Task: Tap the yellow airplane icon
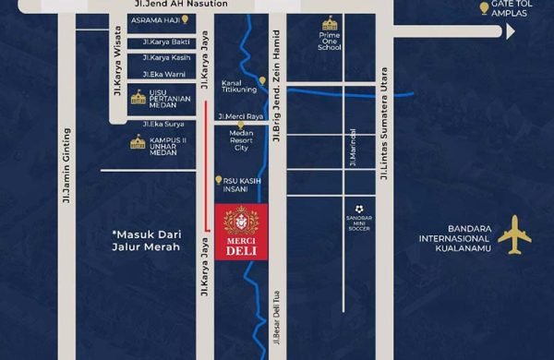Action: pyautogui.click(x=514, y=236)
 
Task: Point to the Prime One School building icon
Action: pyautogui.click(x=330, y=23)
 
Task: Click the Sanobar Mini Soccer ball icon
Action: pyautogui.click(x=359, y=210)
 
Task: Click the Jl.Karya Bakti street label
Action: pyautogui.click(x=166, y=42)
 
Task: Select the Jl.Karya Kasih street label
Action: pyautogui.click(x=167, y=58)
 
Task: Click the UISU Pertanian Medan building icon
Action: pyautogui.click(x=138, y=97)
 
